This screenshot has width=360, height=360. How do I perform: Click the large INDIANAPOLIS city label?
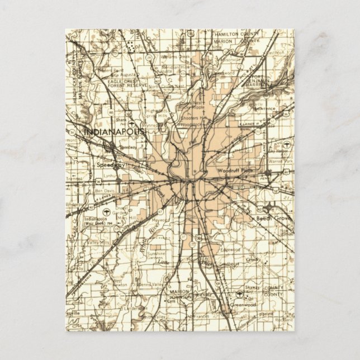point(114,131)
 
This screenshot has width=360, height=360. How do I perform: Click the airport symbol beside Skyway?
point(239,292)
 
